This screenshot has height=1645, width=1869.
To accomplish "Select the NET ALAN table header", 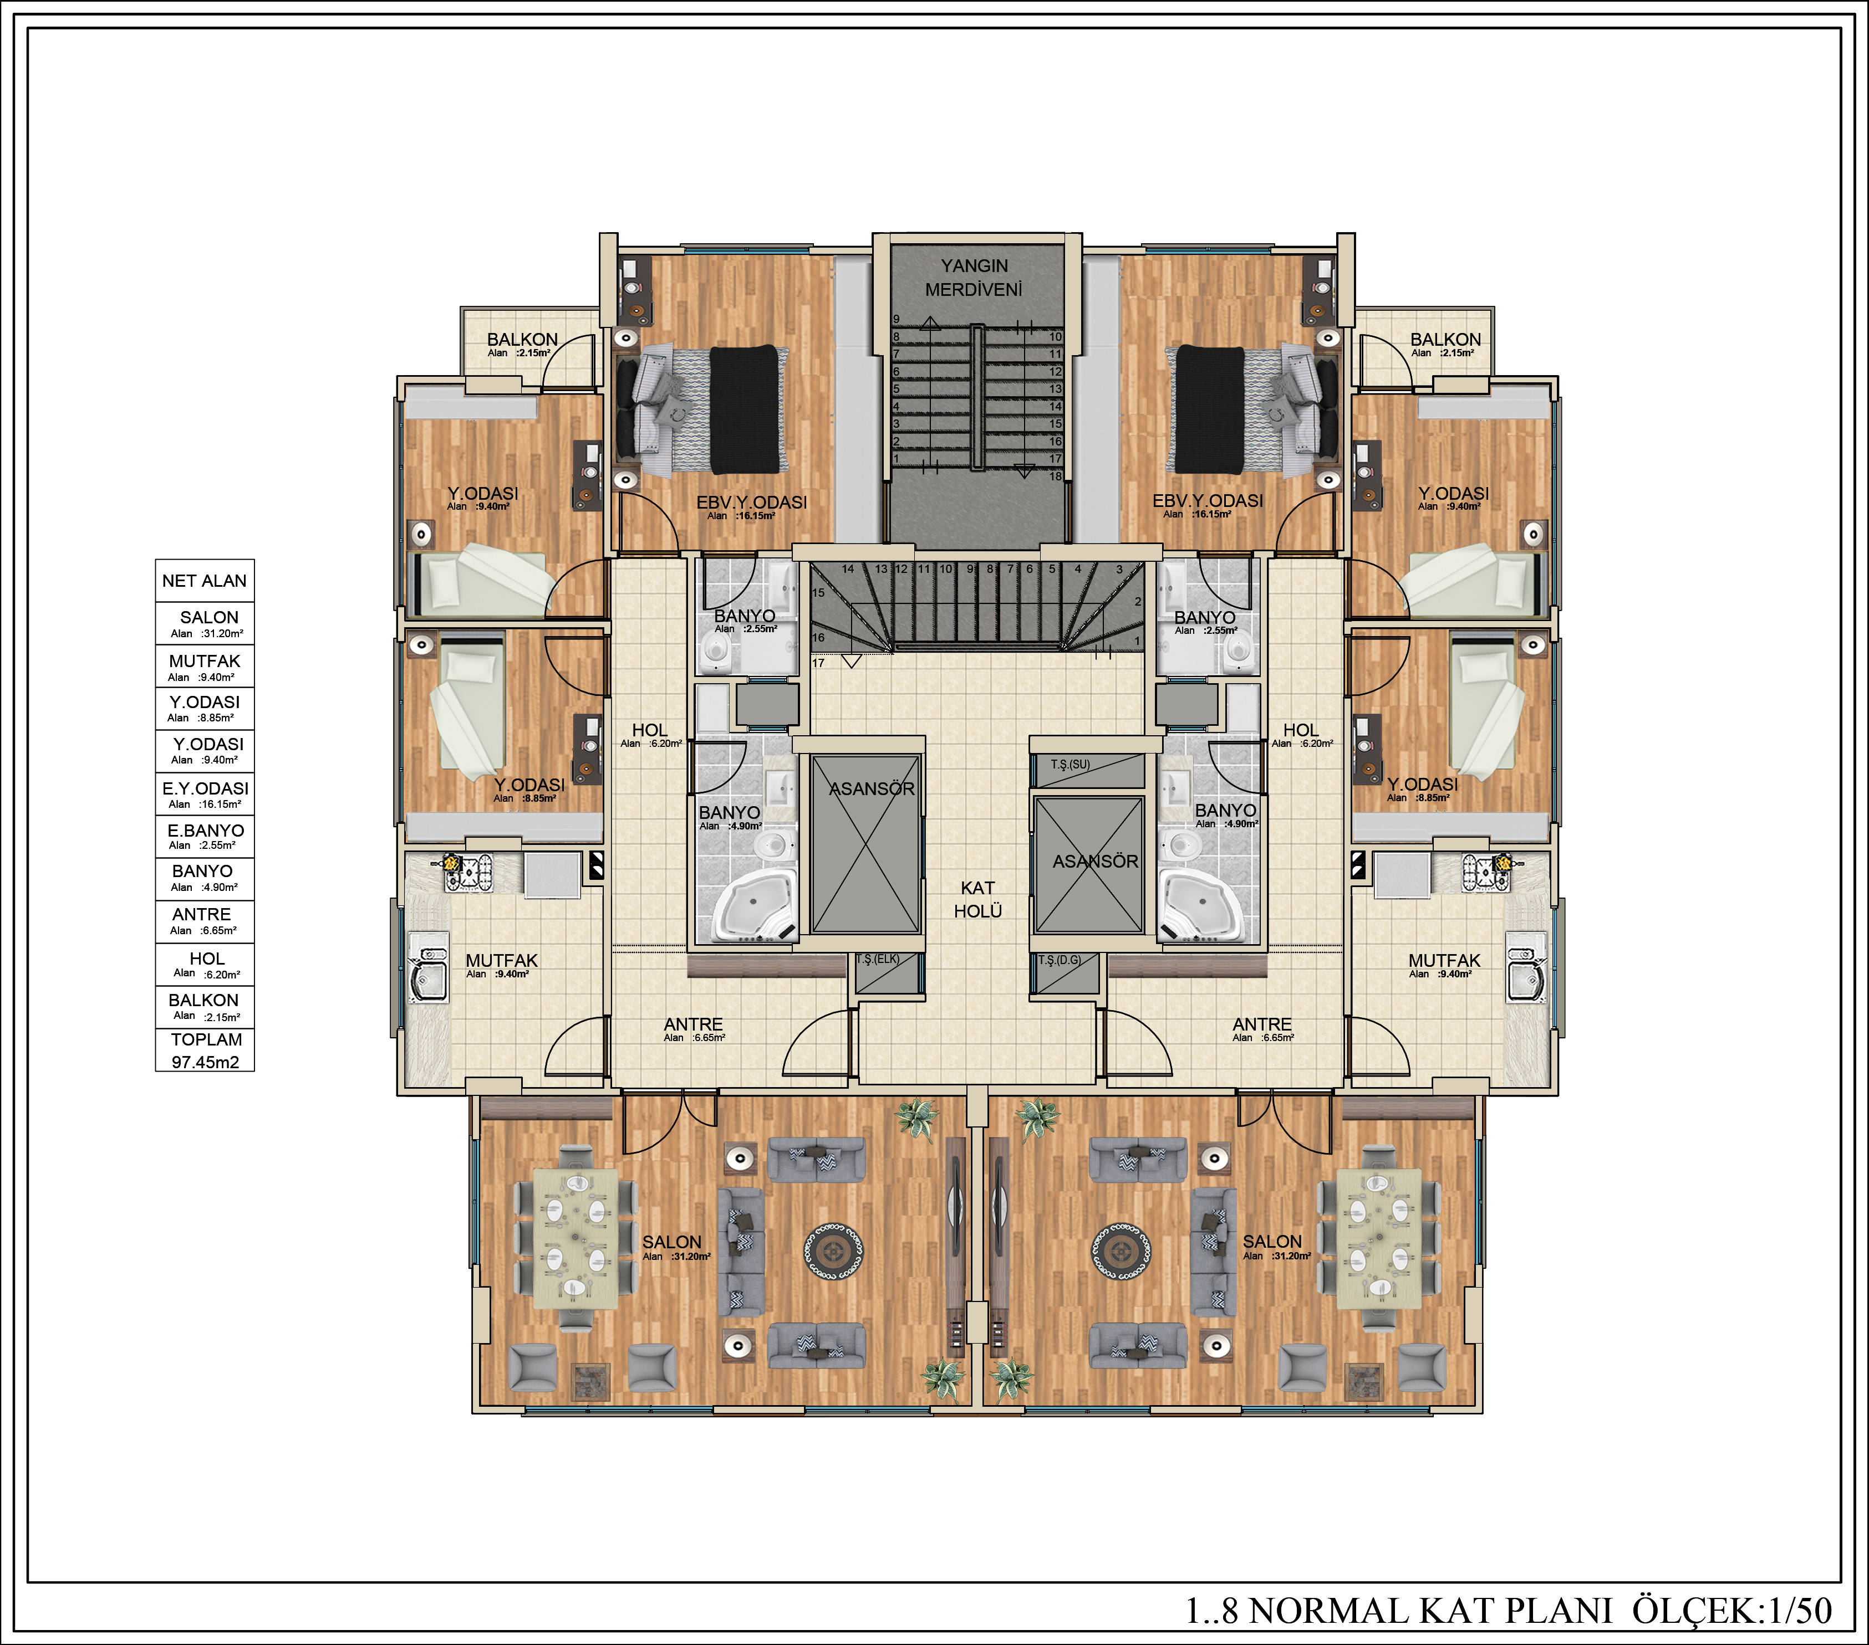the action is pos(205,580).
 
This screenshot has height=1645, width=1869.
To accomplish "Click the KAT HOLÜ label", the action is pos(977,899).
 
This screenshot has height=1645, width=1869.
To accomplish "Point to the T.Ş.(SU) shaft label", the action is pos(1070,764).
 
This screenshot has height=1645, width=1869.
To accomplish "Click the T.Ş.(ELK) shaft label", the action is pos(878,960).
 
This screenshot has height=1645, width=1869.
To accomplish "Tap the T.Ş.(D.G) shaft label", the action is pos(1060,960).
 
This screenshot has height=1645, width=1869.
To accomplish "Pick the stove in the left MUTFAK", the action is pos(468,872).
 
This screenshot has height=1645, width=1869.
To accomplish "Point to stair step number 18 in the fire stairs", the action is pos(1055,476).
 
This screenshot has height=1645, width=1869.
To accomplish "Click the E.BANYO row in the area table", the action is pos(205,836).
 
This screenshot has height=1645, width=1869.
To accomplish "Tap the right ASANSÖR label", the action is pos(1096,861).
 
